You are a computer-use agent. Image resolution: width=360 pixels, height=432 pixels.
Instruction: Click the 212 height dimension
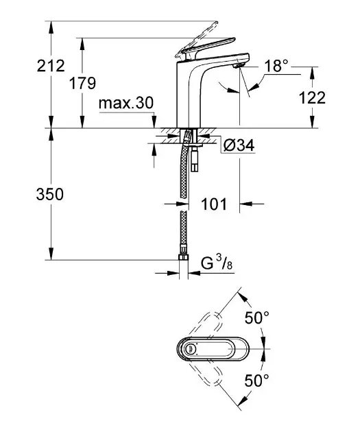[51, 66]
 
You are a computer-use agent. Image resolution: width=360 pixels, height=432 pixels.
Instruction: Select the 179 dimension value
[82, 83]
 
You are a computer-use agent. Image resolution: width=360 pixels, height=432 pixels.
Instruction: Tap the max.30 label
[126, 104]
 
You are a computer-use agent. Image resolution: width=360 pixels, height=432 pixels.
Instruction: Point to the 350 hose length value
[50, 194]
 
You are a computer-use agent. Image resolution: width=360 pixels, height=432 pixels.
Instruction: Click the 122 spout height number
[312, 97]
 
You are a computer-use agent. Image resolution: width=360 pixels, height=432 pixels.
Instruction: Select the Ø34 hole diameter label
[239, 145]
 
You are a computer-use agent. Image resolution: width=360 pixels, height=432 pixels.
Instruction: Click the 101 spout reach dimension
[214, 204]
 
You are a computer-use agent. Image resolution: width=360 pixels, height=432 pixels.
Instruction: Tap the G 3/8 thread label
[217, 262]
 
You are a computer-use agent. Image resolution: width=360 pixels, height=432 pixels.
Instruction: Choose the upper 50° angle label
[257, 318]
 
